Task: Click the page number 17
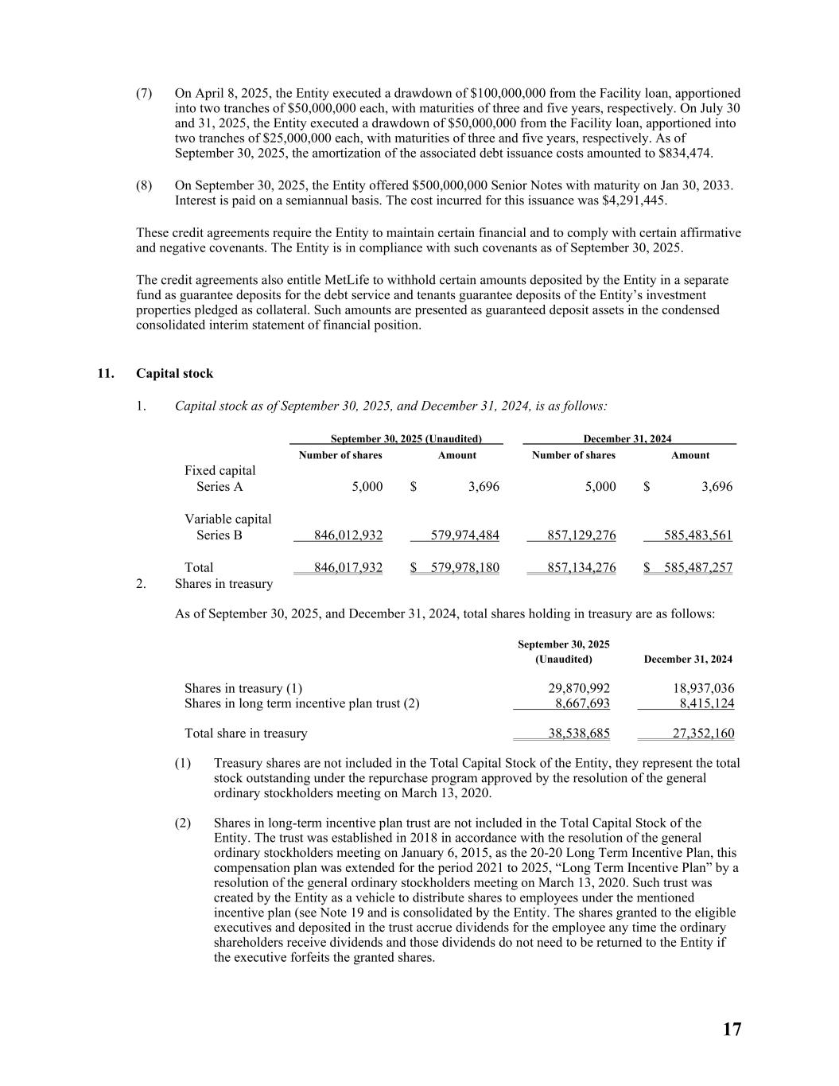[732, 1030]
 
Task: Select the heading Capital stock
[174, 373]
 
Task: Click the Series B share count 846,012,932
[348, 535]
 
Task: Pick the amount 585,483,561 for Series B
[698, 535]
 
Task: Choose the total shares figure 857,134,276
[581, 567]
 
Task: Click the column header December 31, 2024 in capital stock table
[627, 439]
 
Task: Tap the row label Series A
[219, 486]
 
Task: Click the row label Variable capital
[228, 519]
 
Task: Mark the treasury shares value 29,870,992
[579, 688]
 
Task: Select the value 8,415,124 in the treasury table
[706, 703]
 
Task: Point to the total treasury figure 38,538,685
[579, 734]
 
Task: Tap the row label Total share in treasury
[246, 734]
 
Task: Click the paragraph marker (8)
[144, 185]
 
